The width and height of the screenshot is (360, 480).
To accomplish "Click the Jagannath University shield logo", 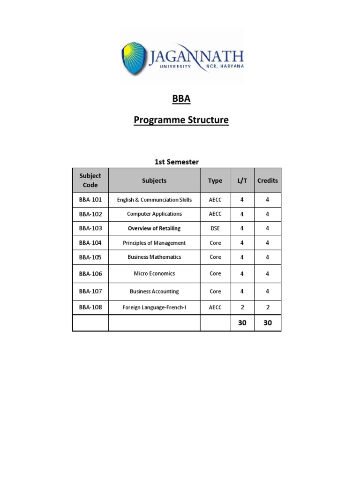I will pyautogui.click(x=134, y=56).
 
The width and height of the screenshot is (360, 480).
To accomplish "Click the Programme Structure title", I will pyautogui.click(x=181, y=120).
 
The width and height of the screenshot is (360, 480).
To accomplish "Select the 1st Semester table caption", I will pyautogui.click(x=177, y=162).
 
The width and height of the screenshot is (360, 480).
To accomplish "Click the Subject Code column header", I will pyautogui.click(x=90, y=180).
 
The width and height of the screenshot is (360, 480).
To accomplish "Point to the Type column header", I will pyautogui.click(x=215, y=180).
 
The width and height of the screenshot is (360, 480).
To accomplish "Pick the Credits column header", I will pyautogui.click(x=267, y=180).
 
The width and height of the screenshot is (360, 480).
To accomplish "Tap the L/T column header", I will pyautogui.click(x=242, y=180).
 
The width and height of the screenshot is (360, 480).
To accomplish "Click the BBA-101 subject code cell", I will pyautogui.click(x=90, y=200).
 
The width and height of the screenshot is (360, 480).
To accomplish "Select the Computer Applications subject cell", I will pyautogui.click(x=154, y=214).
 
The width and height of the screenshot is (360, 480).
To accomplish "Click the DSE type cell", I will pyautogui.click(x=215, y=228).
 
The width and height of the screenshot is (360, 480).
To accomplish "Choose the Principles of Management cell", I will pyautogui.click(x=154, y=243).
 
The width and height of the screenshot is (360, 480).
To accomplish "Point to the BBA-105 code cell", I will pyautogui.click(x=90, y=257).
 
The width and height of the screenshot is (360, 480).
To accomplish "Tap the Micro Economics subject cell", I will pyautogui.click(x=154, y=273).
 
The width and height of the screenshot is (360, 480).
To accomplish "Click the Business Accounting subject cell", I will pyautogui.click(x=154, y=291).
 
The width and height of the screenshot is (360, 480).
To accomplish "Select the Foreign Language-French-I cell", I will pyautogui.click(x=154, y=307).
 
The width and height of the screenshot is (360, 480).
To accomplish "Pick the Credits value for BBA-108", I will pyautogui.click(x=267, y=307).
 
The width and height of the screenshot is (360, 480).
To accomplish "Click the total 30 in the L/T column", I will pyautogui.click(x=242, y=323).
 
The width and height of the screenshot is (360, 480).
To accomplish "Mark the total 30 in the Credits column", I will pyautogui.click(x=267, y=323).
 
